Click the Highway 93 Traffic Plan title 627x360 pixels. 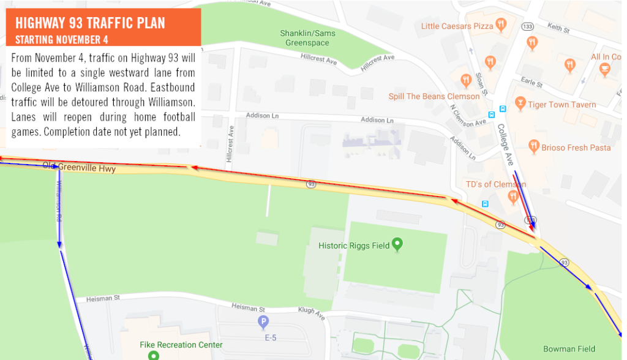(90, 23)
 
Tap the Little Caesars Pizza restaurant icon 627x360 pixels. (501, 25)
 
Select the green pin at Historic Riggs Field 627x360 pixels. (397, 245)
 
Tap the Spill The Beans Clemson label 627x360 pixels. (434, 96)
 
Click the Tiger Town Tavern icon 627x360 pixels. (520, 103)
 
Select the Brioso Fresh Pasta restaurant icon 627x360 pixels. (533, 146)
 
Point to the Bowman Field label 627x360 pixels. (569, 349)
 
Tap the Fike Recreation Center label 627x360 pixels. (181, 345)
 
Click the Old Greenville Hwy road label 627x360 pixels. (79, 167)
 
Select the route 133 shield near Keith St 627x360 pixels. (527, 27)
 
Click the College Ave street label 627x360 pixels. (506, 145)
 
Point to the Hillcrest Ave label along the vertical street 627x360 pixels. (230, 143)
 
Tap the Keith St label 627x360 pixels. (558, 28)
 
